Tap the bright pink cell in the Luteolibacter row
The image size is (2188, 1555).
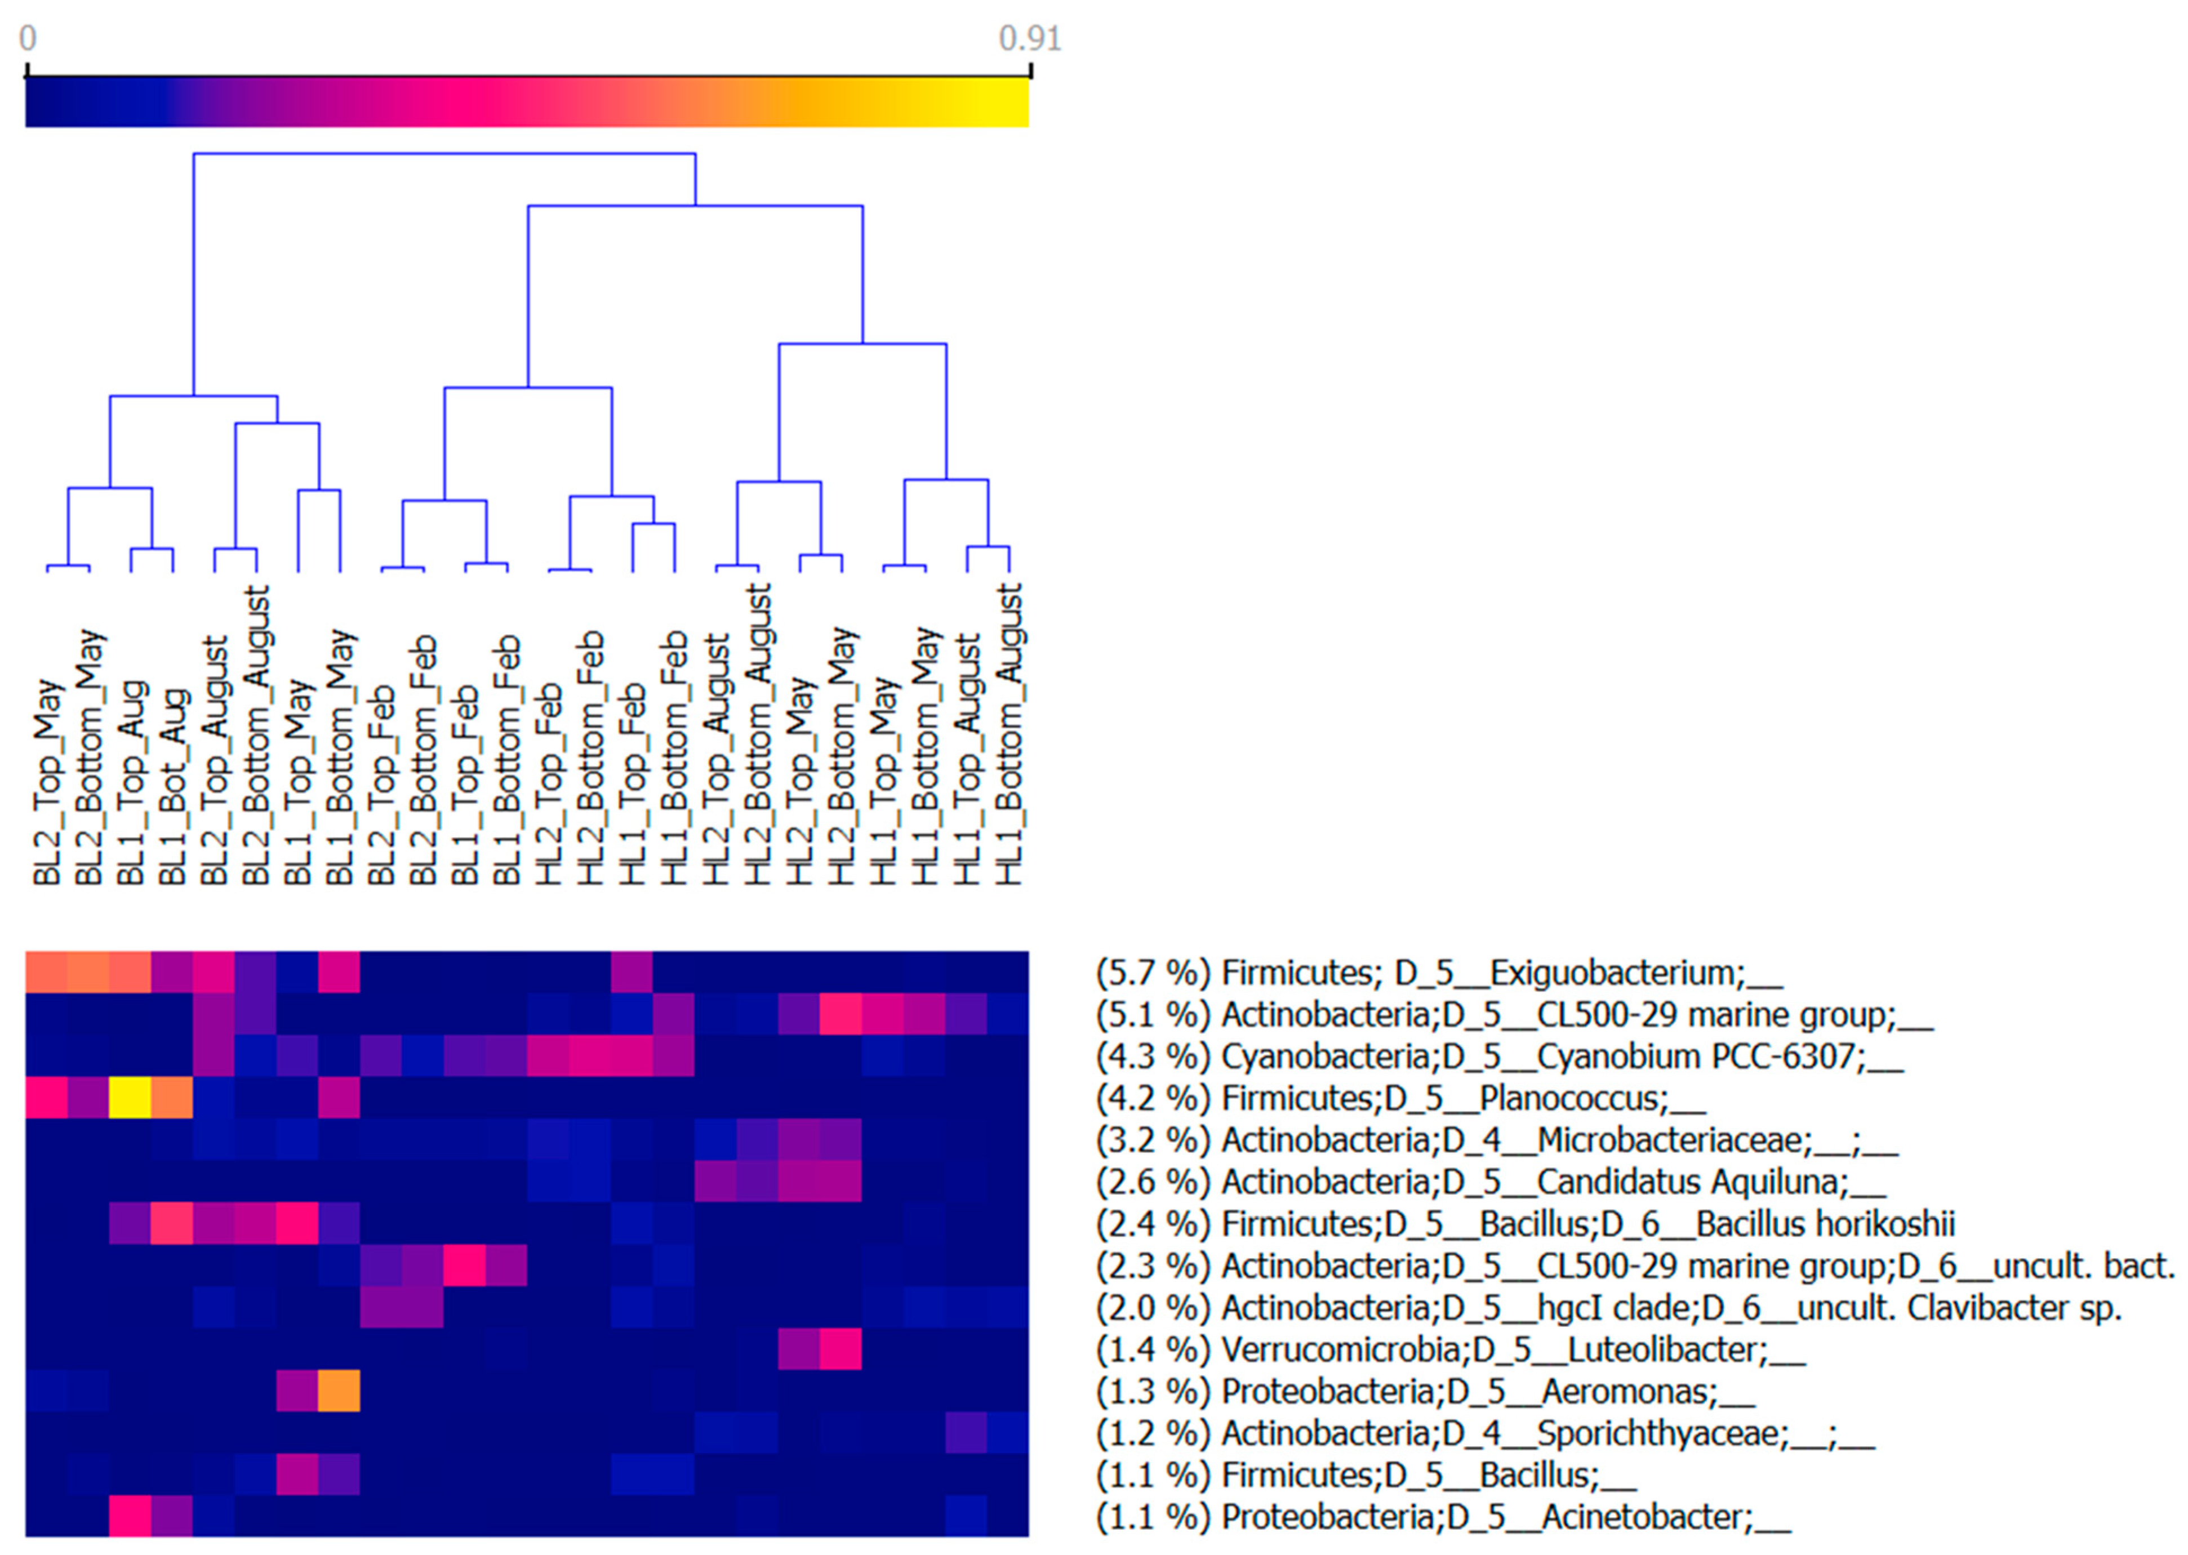pyautogui.click(x=840, y=1349)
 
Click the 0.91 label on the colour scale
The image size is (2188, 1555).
pyautogui.click(x=1029, y=38)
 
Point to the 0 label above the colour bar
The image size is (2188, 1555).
pyautogui.click(x=28, y=38)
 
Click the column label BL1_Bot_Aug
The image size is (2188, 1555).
pyautogui.click(x=172, y=781)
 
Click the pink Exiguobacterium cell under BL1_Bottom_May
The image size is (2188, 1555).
pyautogui.click(x=339, y=972)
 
